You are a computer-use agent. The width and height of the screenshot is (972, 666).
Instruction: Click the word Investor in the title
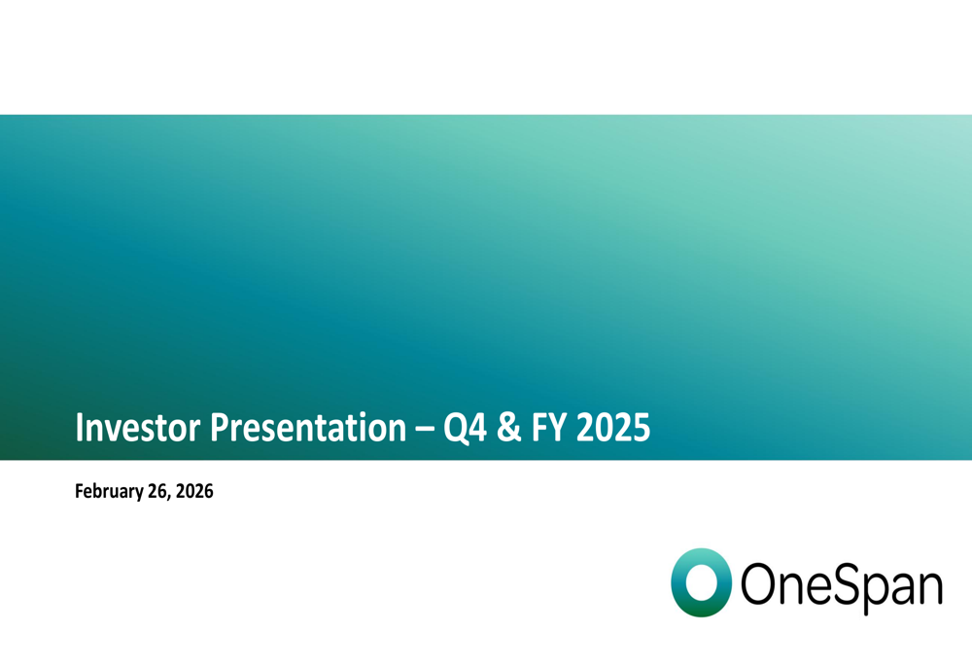(138, 427)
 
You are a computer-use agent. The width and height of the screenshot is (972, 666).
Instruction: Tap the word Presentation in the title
(308, 427)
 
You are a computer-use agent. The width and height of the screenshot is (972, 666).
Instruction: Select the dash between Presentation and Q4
(425, 429)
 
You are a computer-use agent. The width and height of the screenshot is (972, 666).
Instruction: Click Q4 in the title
(465, 428)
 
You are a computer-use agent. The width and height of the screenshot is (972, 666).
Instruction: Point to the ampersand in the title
(509, 428)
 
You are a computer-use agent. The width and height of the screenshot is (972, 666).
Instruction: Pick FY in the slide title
(549, 427)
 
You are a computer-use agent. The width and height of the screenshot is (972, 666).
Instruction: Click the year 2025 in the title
(613, 428)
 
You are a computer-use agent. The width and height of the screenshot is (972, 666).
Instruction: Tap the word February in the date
(109, 491)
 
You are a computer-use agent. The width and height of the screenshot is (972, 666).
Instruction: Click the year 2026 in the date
(194, 491)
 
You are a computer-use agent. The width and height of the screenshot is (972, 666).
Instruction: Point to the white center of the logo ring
(701, 583)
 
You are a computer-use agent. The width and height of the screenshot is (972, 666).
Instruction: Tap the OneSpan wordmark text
(842, 584)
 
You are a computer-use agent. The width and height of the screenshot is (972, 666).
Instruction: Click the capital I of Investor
(79, 427)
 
